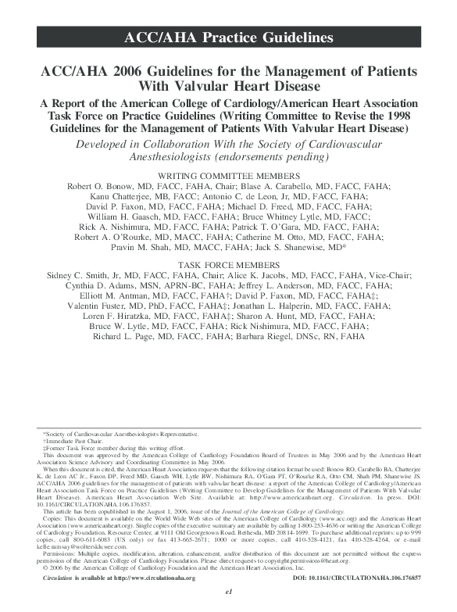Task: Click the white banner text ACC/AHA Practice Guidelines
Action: pos(228,38)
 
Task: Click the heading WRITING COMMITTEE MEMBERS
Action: pos(228,175)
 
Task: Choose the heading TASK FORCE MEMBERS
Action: pos(228,266)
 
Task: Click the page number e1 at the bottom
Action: pos(228,604)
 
